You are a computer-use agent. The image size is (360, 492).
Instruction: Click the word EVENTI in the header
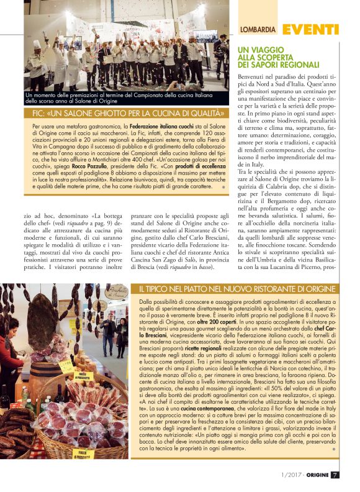pyautogui.click(x=310, y=29)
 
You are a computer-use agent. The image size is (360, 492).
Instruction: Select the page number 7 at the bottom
pyautogui.click(x=335, y=475)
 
